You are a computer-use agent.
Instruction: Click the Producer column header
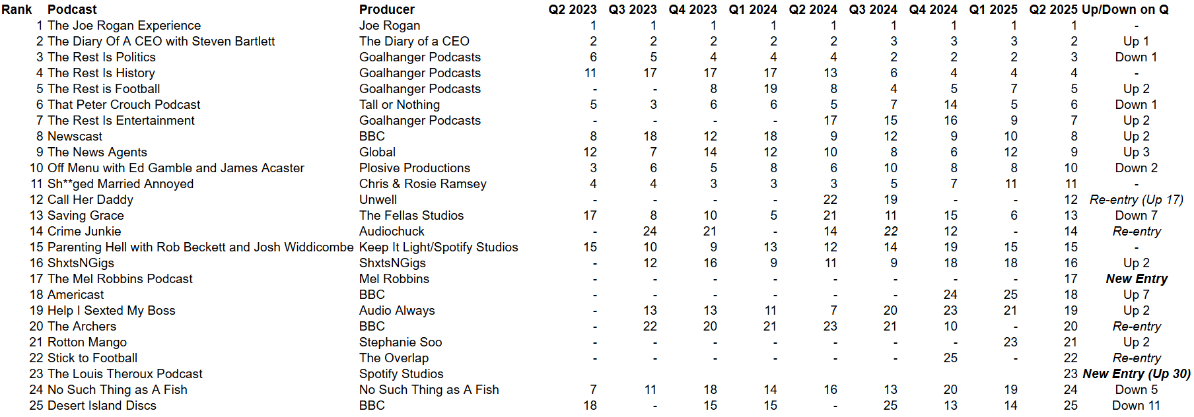pos(387,9)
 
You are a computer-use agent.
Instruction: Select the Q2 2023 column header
pos(572,9)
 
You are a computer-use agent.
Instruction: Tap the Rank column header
pos(17,9)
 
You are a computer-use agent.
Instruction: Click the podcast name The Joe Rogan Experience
pos(124,25)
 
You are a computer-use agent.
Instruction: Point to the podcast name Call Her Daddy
pos(90,199)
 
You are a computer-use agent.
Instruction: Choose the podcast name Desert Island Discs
pos(102,405)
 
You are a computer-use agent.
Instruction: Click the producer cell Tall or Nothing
pos(400,104)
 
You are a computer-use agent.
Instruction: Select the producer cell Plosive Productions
pos(415,168)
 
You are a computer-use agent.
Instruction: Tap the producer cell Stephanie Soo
pos(400,342)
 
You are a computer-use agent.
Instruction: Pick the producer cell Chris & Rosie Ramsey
pos(423,183)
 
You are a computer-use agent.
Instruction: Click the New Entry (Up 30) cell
pos(1137,373)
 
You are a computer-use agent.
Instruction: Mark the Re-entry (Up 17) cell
pos(1137,199)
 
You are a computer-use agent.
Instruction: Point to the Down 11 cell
pos(1136,405)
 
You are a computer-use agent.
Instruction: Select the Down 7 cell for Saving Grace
pos(1136,215)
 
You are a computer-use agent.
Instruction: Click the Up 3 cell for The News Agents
pos(1137,152)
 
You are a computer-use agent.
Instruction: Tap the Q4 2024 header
pos(932,9)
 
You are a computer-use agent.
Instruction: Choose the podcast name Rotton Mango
pos(87,342)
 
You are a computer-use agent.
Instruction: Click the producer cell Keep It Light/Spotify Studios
pos(439,247)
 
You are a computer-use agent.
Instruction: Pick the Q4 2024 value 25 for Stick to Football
pos(950,358)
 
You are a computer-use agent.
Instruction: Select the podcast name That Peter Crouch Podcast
pos(124,104)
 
